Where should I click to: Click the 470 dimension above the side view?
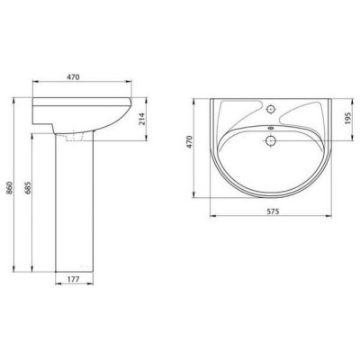(73, 77)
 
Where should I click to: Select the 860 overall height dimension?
(9, 188)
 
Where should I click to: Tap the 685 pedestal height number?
(28, 188)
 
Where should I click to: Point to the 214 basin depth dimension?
(142, 119)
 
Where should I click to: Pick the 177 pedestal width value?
(73, 279)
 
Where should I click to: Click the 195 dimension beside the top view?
(347, 119)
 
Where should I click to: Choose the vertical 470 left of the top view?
(189, 142)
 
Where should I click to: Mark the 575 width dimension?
(273, 211)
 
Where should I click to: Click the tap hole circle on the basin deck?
(271, 109)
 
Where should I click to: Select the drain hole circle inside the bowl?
(271, 140)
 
